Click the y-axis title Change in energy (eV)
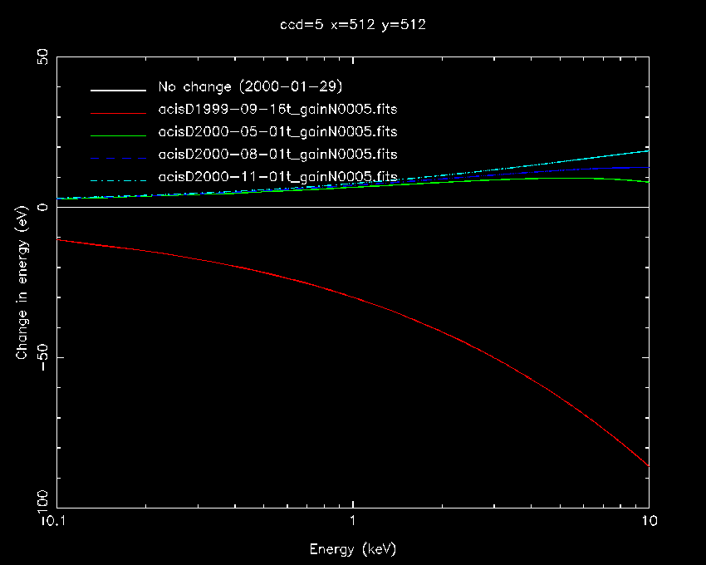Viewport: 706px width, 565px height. pos(22,282)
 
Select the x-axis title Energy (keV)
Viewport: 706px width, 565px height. pos(353,549)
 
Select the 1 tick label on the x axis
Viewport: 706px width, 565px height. pos(353,523)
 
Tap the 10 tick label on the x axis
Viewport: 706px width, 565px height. pos(648,523)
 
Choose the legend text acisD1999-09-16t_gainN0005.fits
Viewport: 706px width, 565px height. pos(277,109)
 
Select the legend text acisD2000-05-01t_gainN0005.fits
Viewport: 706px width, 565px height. pos(277,131)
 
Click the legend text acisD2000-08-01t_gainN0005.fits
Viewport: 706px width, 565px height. pos(277,154)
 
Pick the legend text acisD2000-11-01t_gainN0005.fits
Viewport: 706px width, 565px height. pos(277,176)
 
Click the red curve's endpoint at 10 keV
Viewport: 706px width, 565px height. pos(648,466)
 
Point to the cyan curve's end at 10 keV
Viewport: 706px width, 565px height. pos(648,150)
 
